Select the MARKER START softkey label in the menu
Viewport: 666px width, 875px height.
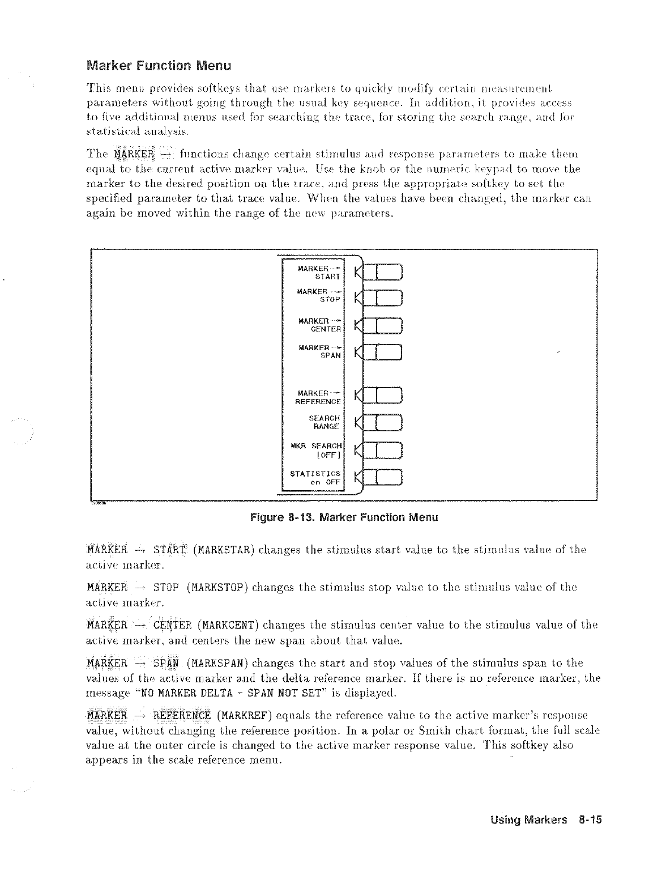click(x=319, y=272)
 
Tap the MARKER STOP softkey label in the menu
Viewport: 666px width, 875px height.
click(x=319, y=295)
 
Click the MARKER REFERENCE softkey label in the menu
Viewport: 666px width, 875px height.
click(x=319, y=397)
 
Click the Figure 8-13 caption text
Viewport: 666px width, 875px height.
click(x=344, y=517)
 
